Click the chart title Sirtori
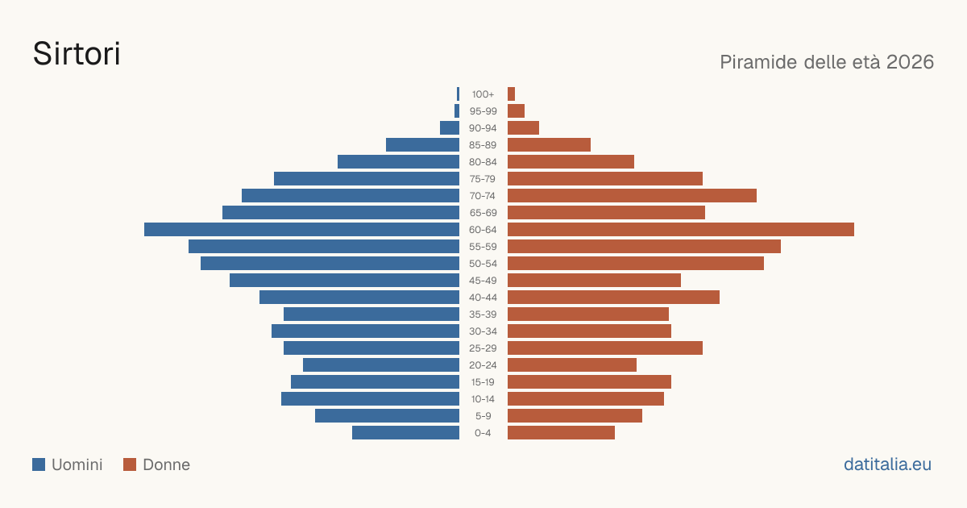click(x=77, y=54)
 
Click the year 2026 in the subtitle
click(x=910, y=62)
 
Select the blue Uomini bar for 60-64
click(x=301, y=229)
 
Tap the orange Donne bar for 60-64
click(x=681, y=229)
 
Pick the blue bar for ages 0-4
click(x=406, y=433)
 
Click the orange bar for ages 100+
click(x=511, y=94)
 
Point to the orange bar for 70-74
click(x=632, y=196)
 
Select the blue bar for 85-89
click(x=422, y=144)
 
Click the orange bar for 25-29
click(x=605, y=348)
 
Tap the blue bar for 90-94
click(x=450, y=128)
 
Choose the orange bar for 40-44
click(x=613, y=298)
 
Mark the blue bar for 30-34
click(x=365, y=331)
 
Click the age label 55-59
click(x=483, y=247)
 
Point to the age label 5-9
click(x=483, y=416)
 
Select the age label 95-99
click(x=483, y=111)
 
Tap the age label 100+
click(x=483, y=94)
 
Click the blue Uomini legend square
click(x=39, y=464)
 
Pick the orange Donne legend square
click(x=130, y=464)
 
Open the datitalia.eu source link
click(x=887, y=464)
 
